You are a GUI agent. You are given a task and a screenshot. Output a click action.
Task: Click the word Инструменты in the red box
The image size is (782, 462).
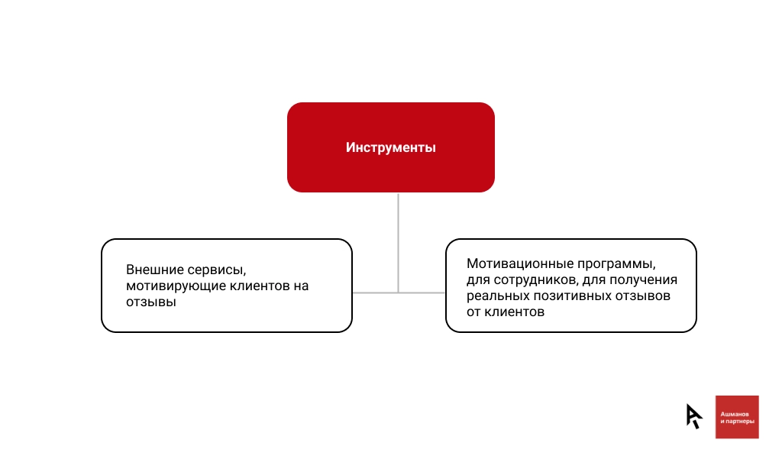[390, 147]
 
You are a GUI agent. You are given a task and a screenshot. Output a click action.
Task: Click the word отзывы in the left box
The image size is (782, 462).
[151, 302]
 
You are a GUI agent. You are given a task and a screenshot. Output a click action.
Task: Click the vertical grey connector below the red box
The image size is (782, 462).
[398, 243]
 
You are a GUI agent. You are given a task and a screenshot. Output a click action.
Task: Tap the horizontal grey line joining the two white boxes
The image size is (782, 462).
[399, 292]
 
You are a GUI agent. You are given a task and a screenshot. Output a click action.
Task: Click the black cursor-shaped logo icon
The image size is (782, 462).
[693, 416]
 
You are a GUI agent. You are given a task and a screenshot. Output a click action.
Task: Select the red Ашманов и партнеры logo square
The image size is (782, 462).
[737, 417]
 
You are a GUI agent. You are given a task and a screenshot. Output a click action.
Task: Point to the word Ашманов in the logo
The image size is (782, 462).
[734, 414]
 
